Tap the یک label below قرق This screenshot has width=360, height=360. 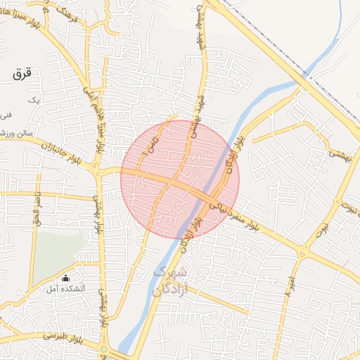pos(32,101)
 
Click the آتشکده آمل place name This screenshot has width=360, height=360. pos(65,289)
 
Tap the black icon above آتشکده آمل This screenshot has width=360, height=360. pos(66,278)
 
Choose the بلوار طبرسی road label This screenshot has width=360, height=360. pos(60,337)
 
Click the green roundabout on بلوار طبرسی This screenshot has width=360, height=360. pos(104,349)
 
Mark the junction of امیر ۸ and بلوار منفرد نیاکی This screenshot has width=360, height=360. pos(303,253)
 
